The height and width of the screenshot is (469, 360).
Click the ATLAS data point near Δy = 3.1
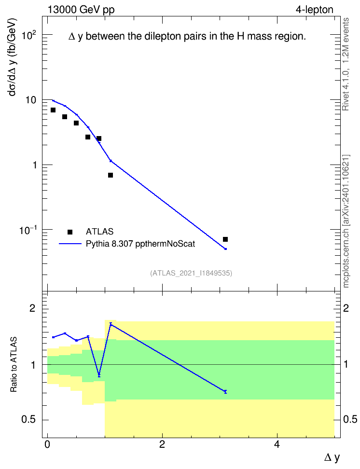click(225, 239)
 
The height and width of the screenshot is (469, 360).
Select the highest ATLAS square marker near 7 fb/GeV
click(53, 110)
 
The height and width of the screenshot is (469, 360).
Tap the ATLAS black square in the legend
click(70, 232)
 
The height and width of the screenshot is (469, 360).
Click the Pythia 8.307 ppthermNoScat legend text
click(140, 244)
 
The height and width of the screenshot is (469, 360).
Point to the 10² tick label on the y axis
click(29, 36)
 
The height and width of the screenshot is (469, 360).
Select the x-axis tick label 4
click(277, 444)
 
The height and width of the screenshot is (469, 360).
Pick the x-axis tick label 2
click(162, 444)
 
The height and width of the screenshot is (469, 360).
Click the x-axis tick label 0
click(47, 444)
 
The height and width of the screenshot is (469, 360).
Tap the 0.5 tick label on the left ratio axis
click(28, 420)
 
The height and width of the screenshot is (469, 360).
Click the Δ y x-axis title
click(332, 457)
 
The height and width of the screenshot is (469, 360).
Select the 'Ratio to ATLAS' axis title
click(14, 365)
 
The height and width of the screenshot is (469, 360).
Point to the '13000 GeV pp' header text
click(81, 10)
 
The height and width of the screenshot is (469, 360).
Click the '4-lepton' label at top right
click(315, 10)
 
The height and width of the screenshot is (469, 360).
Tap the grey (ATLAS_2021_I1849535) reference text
click(191, 273)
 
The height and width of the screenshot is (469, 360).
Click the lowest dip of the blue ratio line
click(99, 375)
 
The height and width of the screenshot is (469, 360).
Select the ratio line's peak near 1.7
click(111, 324)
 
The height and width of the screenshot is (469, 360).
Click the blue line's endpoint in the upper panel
click(226, 249)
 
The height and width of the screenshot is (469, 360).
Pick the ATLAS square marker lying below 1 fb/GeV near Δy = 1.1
click(111, 175)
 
